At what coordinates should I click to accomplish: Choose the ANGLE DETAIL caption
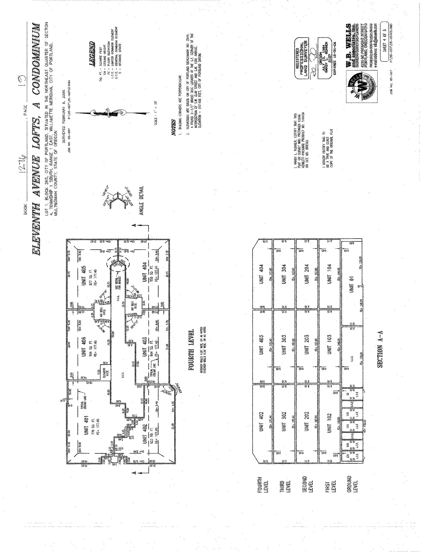coord(141,201)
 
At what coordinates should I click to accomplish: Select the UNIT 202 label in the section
coord(307,421)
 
